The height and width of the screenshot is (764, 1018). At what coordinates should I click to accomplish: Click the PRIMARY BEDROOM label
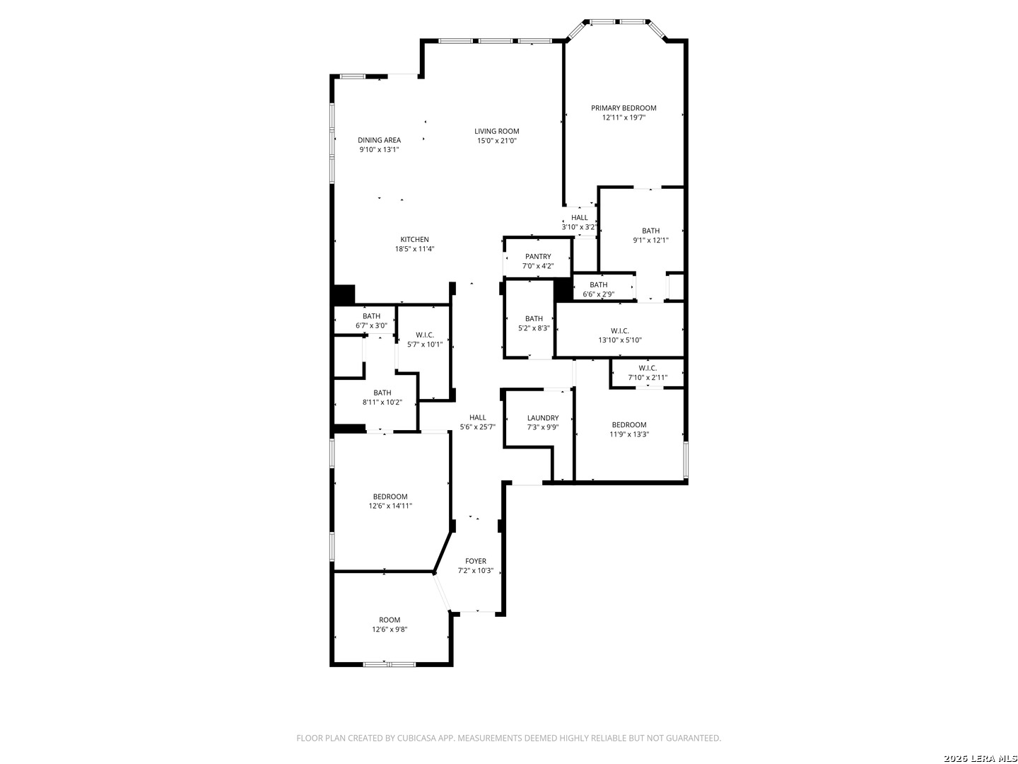pos(624,108)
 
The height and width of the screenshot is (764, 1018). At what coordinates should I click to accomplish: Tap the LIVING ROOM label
pos(497,132)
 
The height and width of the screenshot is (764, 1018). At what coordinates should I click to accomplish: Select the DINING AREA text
pos(379,140)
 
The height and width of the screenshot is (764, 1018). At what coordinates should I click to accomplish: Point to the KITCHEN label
pos(414,239)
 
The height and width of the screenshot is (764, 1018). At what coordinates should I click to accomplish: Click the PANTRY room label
pos(538,257)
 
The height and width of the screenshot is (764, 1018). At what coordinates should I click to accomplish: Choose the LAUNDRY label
pos(543,418)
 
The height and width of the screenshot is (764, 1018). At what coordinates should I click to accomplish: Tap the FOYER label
pos(475,561)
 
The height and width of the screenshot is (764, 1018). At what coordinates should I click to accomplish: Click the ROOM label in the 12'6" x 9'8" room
pos(390,620)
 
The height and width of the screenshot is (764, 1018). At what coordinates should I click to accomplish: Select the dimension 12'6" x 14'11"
pos(390,506)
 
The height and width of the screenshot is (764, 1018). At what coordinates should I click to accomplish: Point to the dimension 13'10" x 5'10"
pos(619,340)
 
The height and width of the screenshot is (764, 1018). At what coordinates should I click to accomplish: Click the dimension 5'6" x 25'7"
pos(478,427)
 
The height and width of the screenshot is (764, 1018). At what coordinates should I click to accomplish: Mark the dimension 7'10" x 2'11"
pos(648,378)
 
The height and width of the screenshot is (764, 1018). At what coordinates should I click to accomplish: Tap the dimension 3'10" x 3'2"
pos(579,227)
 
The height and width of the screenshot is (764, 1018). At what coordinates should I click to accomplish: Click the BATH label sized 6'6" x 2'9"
pos(598,285)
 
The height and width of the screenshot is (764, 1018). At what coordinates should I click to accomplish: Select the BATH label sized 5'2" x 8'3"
pos(534,318)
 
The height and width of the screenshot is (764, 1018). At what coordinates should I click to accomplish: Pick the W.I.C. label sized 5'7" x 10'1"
pos(425,335)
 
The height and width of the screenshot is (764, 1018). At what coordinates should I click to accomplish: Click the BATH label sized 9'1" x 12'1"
pos(650,231)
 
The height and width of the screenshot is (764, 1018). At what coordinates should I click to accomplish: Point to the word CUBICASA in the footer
pos(416,738)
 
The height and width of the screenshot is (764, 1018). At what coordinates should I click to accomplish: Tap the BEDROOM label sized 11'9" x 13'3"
pos(629,425)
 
